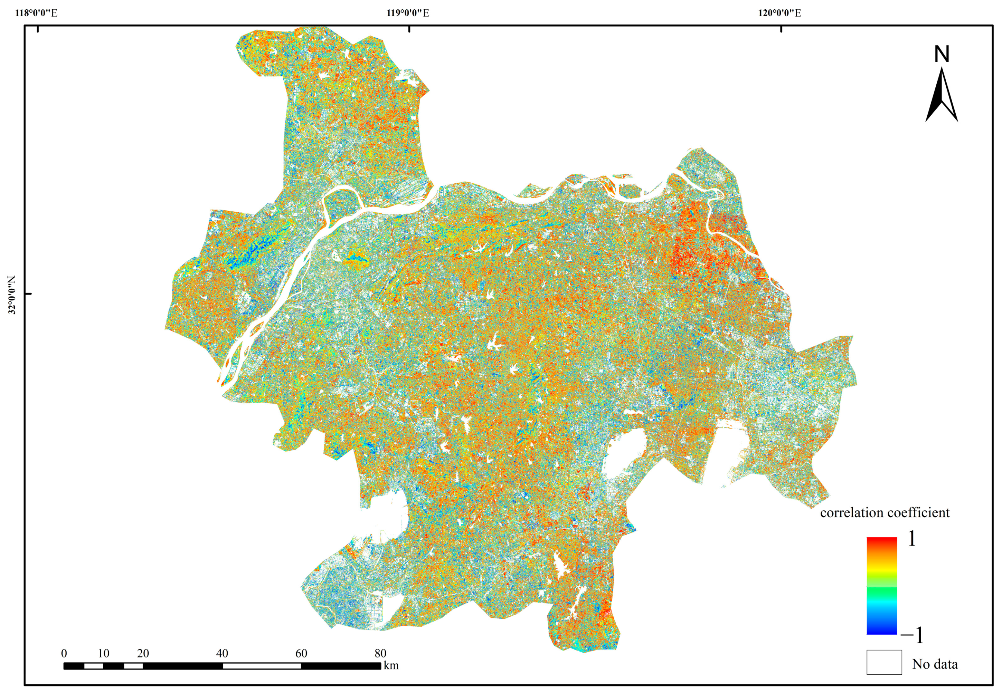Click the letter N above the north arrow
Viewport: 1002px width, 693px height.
[x=941, y=55]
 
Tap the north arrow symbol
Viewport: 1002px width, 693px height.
[x=941, y=96]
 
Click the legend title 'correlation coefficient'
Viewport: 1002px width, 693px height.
[x=885, y=512]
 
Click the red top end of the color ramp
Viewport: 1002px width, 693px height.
[x=882, y=541]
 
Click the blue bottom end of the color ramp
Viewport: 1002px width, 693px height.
[x=882, y=631]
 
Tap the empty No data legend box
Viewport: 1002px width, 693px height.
[x=884, y=662]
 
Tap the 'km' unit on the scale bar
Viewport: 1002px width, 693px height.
[x=391, y=666]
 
